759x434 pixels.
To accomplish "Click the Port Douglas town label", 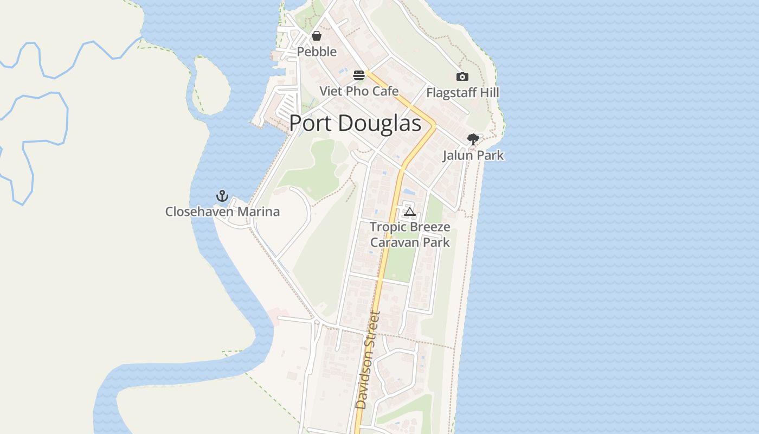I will [x=355, y=124].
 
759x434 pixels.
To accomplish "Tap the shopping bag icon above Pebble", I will [x=317, y=36].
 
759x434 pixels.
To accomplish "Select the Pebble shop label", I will [x=317, y=52].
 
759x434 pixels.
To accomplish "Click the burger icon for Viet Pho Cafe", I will [x=359, y=75].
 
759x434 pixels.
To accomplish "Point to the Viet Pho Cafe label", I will [x=359, y=91].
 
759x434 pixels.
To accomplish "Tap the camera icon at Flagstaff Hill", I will [x=462, y=77].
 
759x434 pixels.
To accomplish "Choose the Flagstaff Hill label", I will [x=462, y=93].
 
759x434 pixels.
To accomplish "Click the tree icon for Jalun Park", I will [x=473, y=139].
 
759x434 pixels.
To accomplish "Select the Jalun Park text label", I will [x=473, y=155].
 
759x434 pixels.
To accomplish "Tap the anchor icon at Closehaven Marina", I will [x=222, y=196].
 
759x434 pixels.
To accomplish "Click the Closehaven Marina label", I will [x=222, y=212].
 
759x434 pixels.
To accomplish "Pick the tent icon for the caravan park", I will [x=410, y=211].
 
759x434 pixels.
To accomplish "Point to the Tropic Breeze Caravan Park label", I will [x=410, y=234].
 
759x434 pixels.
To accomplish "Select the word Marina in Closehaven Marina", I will [x=261, y=212].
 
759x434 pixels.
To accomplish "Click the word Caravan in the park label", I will [x=391, y=242].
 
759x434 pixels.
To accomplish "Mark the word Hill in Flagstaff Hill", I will [x=489, y=93].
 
